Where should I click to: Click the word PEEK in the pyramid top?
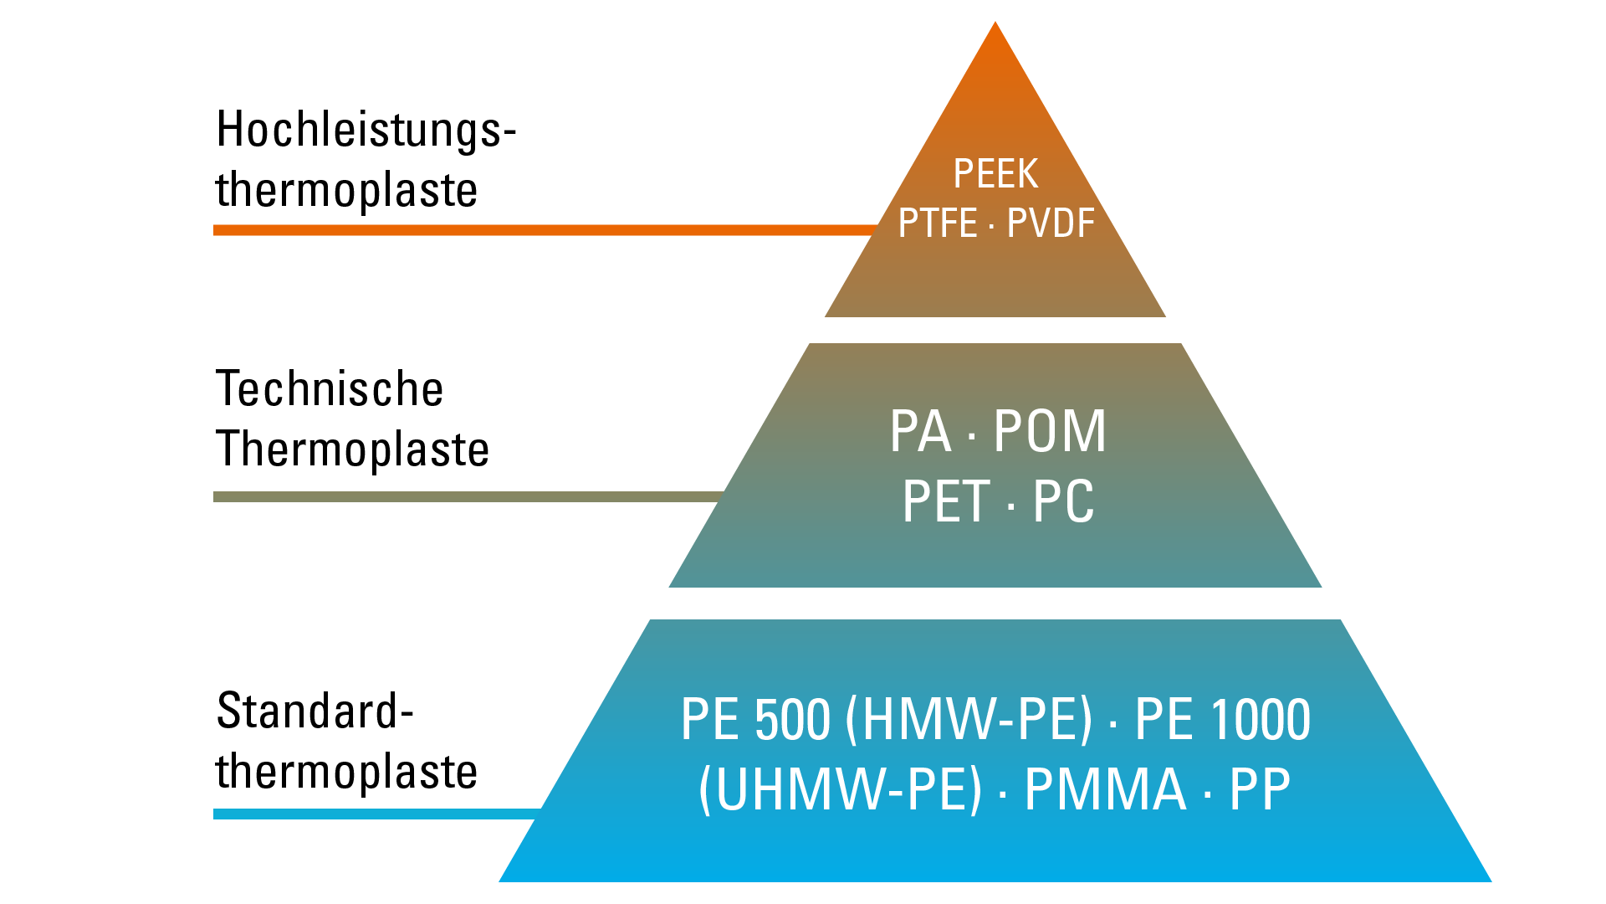click(x=995, y=174)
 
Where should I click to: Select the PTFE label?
click(x=937, y=223)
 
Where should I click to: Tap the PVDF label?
click(x=1051, y=223)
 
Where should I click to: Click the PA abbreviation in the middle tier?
click(x=920, y=432)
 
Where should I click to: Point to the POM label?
click(x=1050, y=432)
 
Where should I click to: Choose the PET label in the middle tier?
click(x=946, y=502)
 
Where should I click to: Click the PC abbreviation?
click(x=1063, y=502)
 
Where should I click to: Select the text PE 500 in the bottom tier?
click(x=755, y=720)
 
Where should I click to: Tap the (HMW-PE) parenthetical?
click(x=969, y=720)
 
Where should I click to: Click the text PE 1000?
click(x=1222, y=720)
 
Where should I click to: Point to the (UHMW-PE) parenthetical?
click(x=840, y=789)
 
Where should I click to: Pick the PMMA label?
click(x=1105, y=789)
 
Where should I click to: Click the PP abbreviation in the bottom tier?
click(x=1260, y=789)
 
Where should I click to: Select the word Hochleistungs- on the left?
click(x=366, y=131)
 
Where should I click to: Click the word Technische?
click(x=330, y=389)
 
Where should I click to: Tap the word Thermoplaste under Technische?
click(x=352, y=449)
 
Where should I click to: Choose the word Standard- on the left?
click(x=315, y=711)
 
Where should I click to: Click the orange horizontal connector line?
click(x=544, y=230)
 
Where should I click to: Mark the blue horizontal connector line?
click(x=376, y=814)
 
